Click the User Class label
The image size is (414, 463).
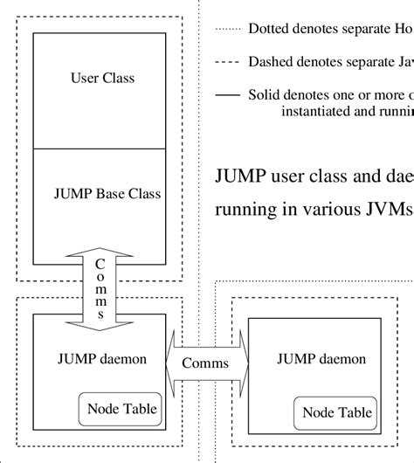[x=102, y=79]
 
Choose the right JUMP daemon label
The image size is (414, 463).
[x=318, y=358]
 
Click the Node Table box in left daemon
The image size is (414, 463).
[x=119, y=408]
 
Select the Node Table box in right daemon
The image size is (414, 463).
[x=337, y=412]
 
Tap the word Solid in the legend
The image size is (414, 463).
[x=265, y=94]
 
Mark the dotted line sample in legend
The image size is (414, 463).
[x=226, y=29]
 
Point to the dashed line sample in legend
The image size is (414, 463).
[x=226, y=62]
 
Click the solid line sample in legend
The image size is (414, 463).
[x=226, y=95]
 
